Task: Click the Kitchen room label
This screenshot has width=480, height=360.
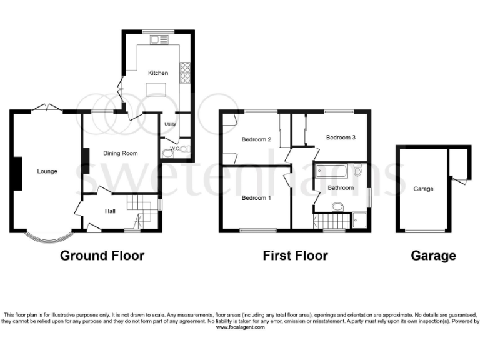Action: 157,73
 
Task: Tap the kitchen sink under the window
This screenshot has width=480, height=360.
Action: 157,41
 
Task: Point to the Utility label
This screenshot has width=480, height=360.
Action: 170,124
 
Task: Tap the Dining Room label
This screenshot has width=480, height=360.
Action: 120,153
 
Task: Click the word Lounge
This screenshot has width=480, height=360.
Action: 47,171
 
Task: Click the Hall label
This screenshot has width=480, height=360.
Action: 110,211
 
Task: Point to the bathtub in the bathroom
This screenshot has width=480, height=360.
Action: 331,169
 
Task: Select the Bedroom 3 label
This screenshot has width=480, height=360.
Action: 341,137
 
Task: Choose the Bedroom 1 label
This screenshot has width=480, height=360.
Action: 256,198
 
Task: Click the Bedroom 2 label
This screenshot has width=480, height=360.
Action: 256,139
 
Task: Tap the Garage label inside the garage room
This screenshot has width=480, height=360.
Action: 423,189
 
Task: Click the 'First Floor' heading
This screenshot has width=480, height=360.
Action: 295,256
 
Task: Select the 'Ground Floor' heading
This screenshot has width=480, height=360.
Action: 102,256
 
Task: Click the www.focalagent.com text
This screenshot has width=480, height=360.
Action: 239,327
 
